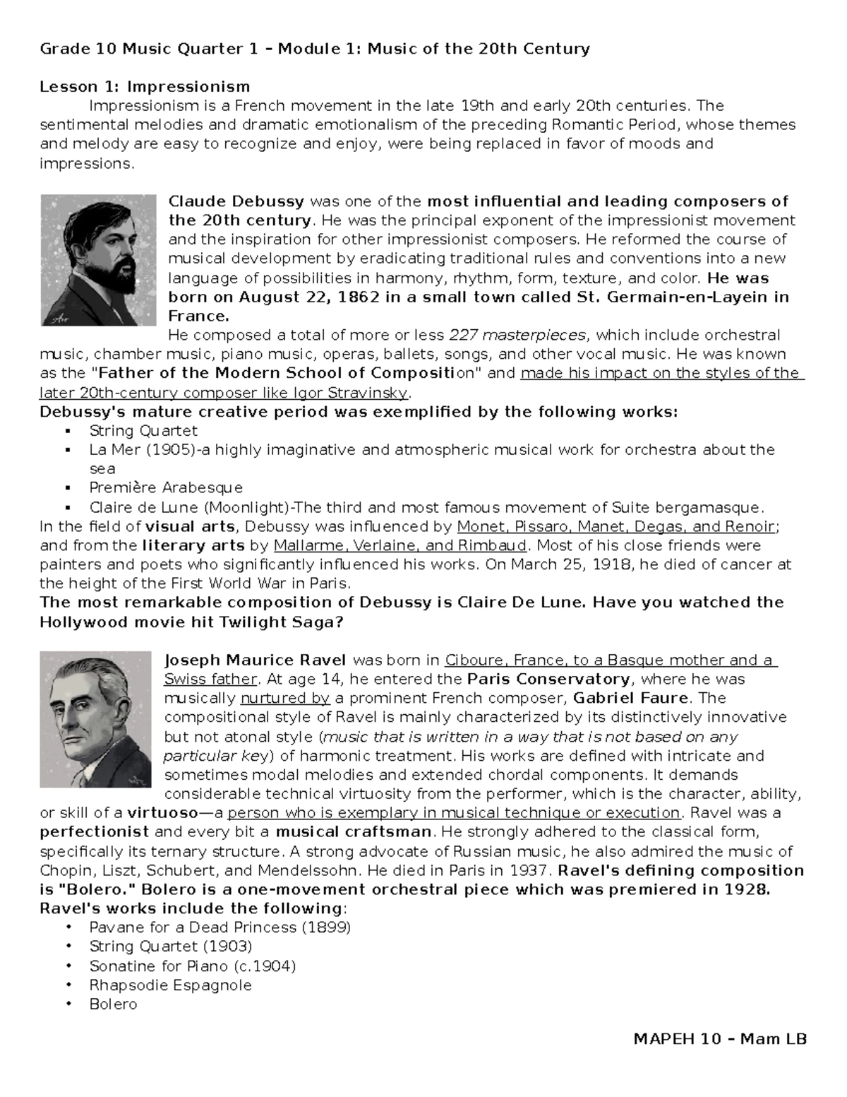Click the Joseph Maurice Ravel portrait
click(95, 719)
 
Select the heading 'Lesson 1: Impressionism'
click(145, 87)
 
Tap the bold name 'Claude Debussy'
click(236, 201)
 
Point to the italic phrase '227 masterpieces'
click(517, 335)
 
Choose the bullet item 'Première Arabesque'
click(166, 487)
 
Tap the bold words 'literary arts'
click(193, 545)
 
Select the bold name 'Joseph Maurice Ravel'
click(255, 660)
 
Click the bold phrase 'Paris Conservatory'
click(548, 680)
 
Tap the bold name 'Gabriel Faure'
click(630, 699)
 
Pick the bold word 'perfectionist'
click(95, 831)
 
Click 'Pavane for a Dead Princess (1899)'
click(220, 927)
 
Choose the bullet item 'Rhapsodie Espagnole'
click(170, 985)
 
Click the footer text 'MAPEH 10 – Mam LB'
click(720, 1039)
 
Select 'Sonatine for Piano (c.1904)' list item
click(192, 966)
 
